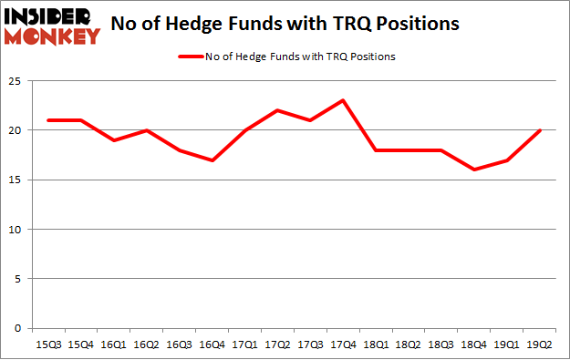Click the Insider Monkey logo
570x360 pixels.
(52, 26)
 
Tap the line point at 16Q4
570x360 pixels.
(212, 160)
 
